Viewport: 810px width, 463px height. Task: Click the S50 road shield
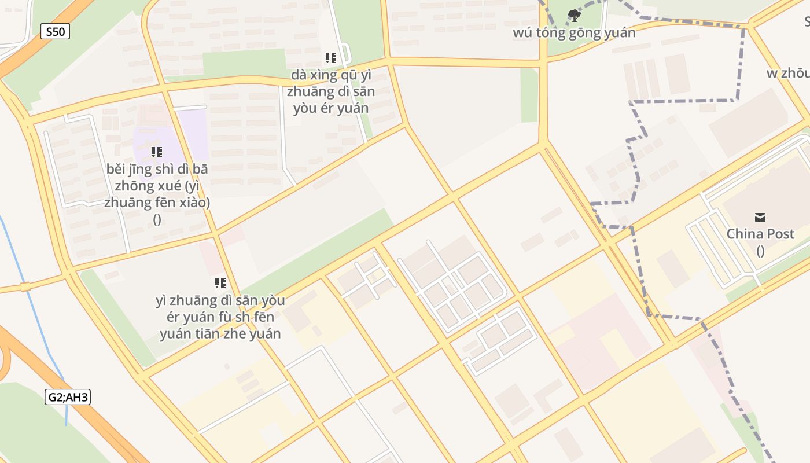[x=55, y=31]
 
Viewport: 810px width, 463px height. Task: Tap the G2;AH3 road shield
[x=68, y=398]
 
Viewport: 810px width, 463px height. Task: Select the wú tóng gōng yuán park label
[x=573, y=32]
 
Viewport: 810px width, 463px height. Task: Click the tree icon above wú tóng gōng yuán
[x=574, y=15]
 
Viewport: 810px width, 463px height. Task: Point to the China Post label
[x=760, y=234]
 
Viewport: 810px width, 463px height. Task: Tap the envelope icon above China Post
[x=760, y=218]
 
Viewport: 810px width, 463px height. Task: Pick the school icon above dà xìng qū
[x=331, y=57]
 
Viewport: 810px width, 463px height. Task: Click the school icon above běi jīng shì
[x=156, y=152]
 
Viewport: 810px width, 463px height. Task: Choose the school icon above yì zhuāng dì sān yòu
[x=220, y=283]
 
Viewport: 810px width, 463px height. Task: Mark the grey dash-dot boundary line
[x=683, y=101]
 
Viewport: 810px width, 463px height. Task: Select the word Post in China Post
[x=779, y=234]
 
